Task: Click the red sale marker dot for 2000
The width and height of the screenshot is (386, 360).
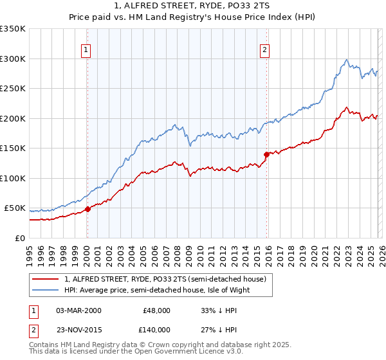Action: coord(87,209)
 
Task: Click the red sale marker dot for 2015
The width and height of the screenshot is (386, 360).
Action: coord(266,154)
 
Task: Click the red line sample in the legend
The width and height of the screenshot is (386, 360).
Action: coord(46,278)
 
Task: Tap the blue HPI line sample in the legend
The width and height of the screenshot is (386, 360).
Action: coord(46,290)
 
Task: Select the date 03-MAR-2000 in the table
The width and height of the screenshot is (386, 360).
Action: coord(78,310)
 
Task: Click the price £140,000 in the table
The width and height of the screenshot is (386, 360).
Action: coord(156,328)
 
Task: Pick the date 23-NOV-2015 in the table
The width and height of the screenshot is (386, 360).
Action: coord(78,328)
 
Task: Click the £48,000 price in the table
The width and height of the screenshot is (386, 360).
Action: coord(156,310)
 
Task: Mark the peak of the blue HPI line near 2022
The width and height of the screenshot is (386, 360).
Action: coord(347,60)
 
